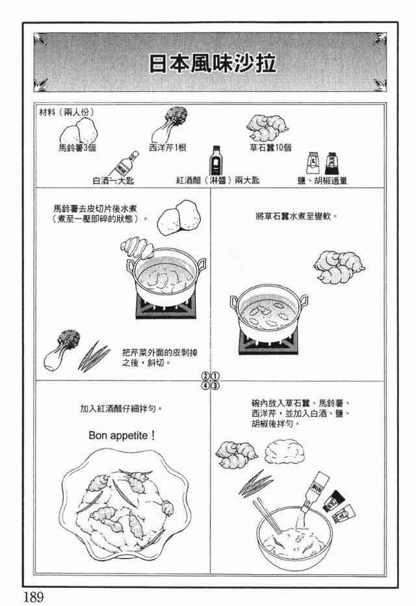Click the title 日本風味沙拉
pyautogui.click(x=213, y=63)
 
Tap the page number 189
pyautogui.click(x=33, y=597)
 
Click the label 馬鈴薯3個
pyautogui.click(x=77, y=148)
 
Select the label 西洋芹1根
pyautogui.click(x=168, y=148)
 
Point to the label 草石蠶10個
pyautogui.click(x=270, y=148)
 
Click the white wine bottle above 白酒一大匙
pyautogui.click(x=123, y=164)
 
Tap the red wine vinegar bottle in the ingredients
pyautogui.click(x=216, y=161)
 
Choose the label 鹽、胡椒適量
pyautogui.click(x=322, y=181)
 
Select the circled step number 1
pyautogui.click(x=216, y=376)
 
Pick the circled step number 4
pyautogui.click(x=206, y=386)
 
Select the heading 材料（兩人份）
pyautogui.click(x=66, y=112)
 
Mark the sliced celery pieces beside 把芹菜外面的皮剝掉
pyautogui.click(x=94, y=356)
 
